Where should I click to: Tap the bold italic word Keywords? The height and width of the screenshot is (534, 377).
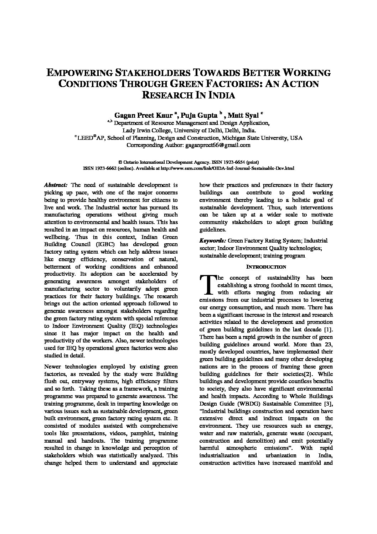[212, 241]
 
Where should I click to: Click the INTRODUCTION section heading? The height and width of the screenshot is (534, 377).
[266, 266]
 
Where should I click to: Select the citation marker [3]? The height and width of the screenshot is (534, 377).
[327, 403]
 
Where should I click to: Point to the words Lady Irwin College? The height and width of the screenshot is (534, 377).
[146, 130]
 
